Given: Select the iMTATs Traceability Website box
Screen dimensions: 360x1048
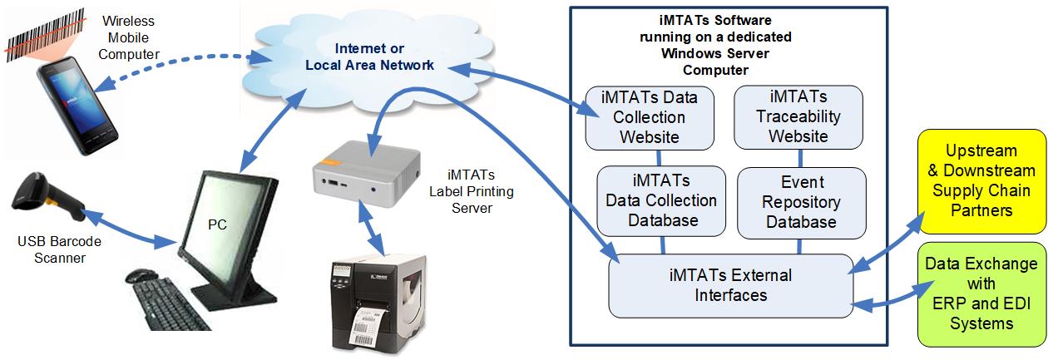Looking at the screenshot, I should click(798, 116).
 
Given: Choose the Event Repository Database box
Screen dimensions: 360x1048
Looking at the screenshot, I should click(802, 202).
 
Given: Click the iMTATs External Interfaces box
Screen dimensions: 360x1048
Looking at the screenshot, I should click(730, 284).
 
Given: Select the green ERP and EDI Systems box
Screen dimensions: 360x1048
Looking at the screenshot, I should click(982, 293).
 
